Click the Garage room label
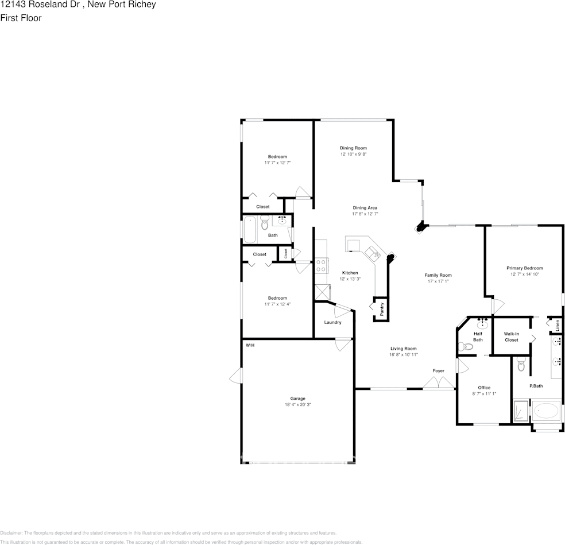[x=297, y=399]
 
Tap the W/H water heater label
[x=250, y=345]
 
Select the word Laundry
[x=332, y=322]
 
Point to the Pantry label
[x=382, y=309]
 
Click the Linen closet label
[x=557, y=324]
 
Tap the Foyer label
[x=439, y=371]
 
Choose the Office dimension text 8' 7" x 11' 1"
[x=483, y=394]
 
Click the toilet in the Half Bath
[x=466, y=346]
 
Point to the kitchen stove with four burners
[x=321, y=265]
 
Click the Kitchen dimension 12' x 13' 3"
[x=350, y=279]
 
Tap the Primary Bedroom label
[x=524, y=268]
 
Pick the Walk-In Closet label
[x=511, y=337]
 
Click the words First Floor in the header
[x=21, y=18]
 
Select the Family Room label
[x=438, y=275]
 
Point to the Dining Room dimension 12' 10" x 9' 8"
[x=353, y=154]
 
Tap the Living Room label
[x=403, y=349]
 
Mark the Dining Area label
[x=365, y=208]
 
